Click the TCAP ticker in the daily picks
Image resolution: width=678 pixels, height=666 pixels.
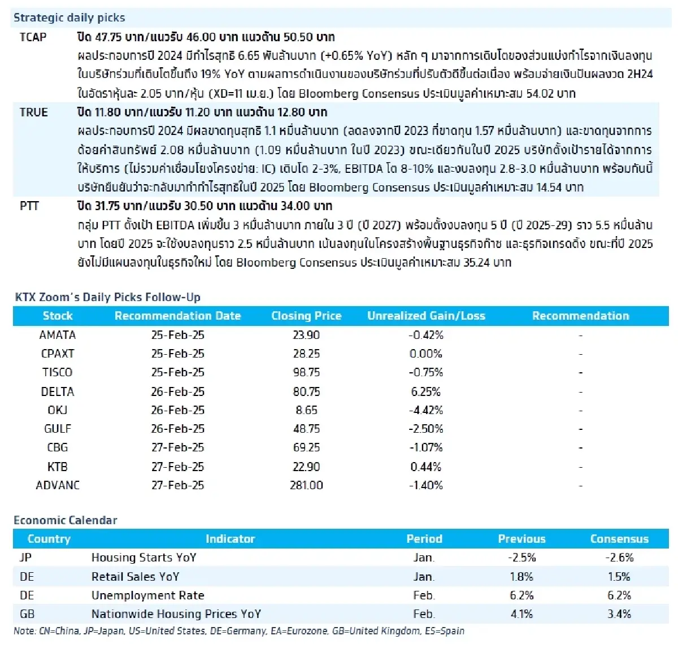(x=33, y=37)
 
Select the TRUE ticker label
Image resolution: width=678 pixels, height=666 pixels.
(x=34, y=112)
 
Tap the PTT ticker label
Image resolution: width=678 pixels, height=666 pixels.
(x=29, y=206)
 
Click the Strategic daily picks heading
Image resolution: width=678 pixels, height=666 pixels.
(x=69, y=18)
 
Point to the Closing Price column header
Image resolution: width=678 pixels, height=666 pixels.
(x=306, y=316)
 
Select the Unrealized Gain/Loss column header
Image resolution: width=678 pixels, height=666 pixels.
(x=426, y=316)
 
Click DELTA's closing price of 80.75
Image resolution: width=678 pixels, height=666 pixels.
(x=306, y=391)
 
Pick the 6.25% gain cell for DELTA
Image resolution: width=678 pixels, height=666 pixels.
(x=425, y=391)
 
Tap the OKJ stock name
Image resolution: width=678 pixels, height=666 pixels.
(x=58, y=410)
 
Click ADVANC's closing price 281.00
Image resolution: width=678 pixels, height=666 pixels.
(x=306, y=485)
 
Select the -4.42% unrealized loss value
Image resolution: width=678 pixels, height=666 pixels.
(x=425, y=410)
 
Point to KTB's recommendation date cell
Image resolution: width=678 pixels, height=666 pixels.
(x=177, y=467)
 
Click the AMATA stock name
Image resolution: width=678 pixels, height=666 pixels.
(x=58, y=335)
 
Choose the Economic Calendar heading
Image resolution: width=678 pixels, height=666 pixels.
(x=66, y=520)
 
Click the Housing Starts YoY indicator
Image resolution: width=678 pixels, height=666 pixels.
(x=144, y=558)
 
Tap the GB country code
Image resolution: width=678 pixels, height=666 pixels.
(x=27, y=614)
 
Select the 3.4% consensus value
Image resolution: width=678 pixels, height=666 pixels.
(x=619, y=614)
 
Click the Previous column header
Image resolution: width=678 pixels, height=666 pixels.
(x=521, y=539)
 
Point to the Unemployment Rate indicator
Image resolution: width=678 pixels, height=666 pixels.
(x=147, y=595)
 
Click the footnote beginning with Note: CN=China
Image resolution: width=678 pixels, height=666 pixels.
(x=239, y=631)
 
